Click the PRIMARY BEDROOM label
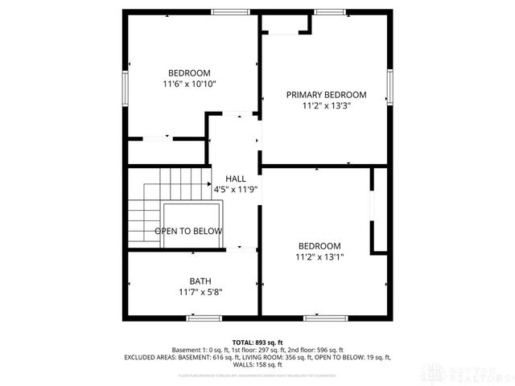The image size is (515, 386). click(327, 95)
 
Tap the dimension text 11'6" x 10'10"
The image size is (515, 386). click(189, 83)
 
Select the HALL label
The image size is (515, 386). click(236, 179)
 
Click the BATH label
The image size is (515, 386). click(200, 281)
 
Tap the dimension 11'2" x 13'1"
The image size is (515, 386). click(319, 257)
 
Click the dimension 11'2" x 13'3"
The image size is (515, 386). click(327, 105)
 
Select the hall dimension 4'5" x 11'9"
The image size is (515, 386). click(235, 190)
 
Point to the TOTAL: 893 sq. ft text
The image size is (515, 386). click(257, 342)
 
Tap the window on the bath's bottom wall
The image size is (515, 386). click(204, 318)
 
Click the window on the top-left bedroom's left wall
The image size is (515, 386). click(125, 84)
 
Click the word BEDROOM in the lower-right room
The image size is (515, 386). click(319, 246)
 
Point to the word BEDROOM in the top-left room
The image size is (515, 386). click(189, 72)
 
